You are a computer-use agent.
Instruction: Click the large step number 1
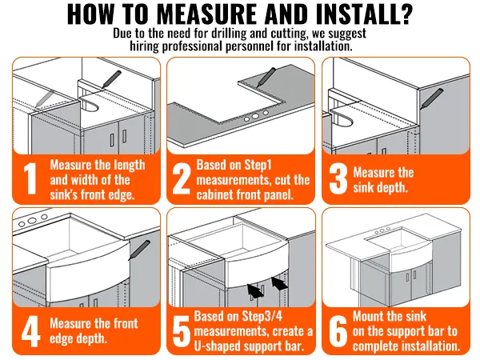(30, 179)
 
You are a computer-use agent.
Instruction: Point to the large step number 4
(30, 331)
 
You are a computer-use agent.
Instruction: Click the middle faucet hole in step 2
(255, 116)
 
